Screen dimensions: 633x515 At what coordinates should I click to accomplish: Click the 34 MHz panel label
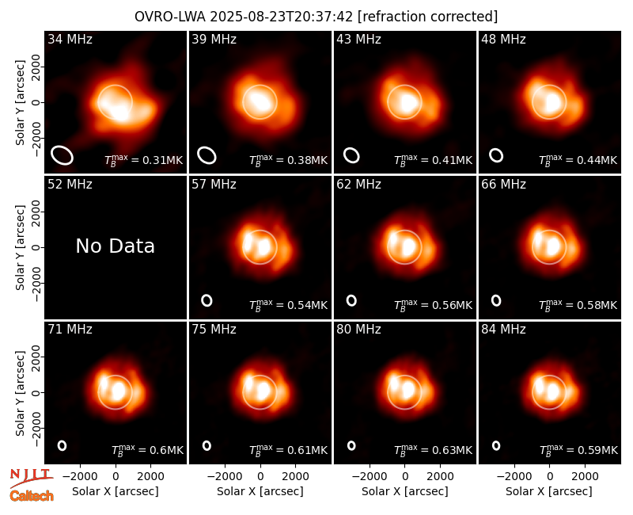coord(70,39)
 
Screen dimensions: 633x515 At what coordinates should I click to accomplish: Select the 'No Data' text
coord(115,246)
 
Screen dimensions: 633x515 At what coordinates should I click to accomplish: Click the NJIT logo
coord(31,478)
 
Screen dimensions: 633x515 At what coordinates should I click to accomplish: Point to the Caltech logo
coord(32,496)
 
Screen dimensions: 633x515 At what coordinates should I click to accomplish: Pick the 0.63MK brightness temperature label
coord(433,450)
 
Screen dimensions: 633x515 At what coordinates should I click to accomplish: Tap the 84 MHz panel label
coord(503,330)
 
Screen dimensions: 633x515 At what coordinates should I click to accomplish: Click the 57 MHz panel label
coord(214,185)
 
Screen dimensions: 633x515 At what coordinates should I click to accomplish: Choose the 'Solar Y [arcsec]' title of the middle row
coord(21,247)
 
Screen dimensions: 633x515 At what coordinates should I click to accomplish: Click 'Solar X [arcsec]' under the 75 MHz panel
coord(260,491)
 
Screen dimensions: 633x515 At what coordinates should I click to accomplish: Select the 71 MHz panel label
coord(70,330)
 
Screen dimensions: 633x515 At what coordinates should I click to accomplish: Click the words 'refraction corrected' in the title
coord(428,17)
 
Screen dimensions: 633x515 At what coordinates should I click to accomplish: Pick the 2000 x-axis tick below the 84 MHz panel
coord(585,476)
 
